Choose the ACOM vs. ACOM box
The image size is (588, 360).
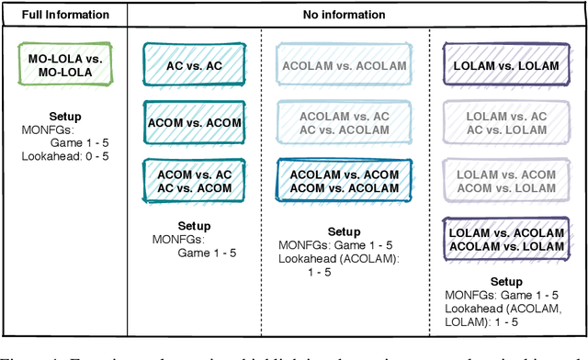[194, 122]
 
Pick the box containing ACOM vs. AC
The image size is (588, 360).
[194, 182]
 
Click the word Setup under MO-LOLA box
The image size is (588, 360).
[64, 117]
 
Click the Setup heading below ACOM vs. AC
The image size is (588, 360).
[195, 225]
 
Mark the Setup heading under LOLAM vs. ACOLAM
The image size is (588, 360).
[505, 282]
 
